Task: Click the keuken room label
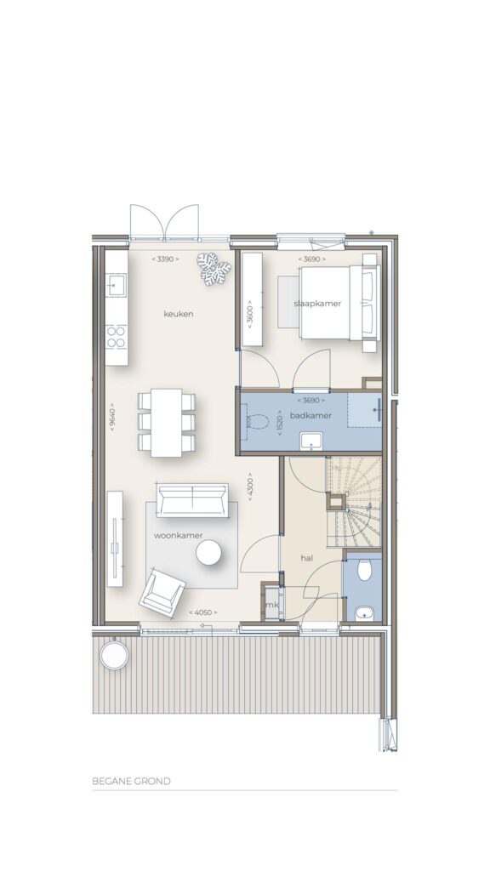[x=179, y=314]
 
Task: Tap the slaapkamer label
[x=317, y=304]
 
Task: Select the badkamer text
[x=311, y=415]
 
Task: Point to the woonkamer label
[x=179, y=536]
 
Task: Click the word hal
[x=306, y=558]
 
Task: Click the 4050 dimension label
[x=202, y=612]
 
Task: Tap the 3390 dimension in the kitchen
[x=166, y=259]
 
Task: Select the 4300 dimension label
[x=250, y=487]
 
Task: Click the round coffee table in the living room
[x=209, y=553]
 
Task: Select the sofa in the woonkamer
[x=192, y=500]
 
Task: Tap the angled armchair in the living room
[x=162, y=592]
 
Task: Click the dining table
[x=167, y=423]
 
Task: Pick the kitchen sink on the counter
[x=117, y=285]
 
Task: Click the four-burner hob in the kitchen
[x=116, y=337]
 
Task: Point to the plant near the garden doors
[x=214, y=269]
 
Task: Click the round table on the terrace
[x=115, y=656]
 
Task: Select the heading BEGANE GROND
[x=131, y=781]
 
